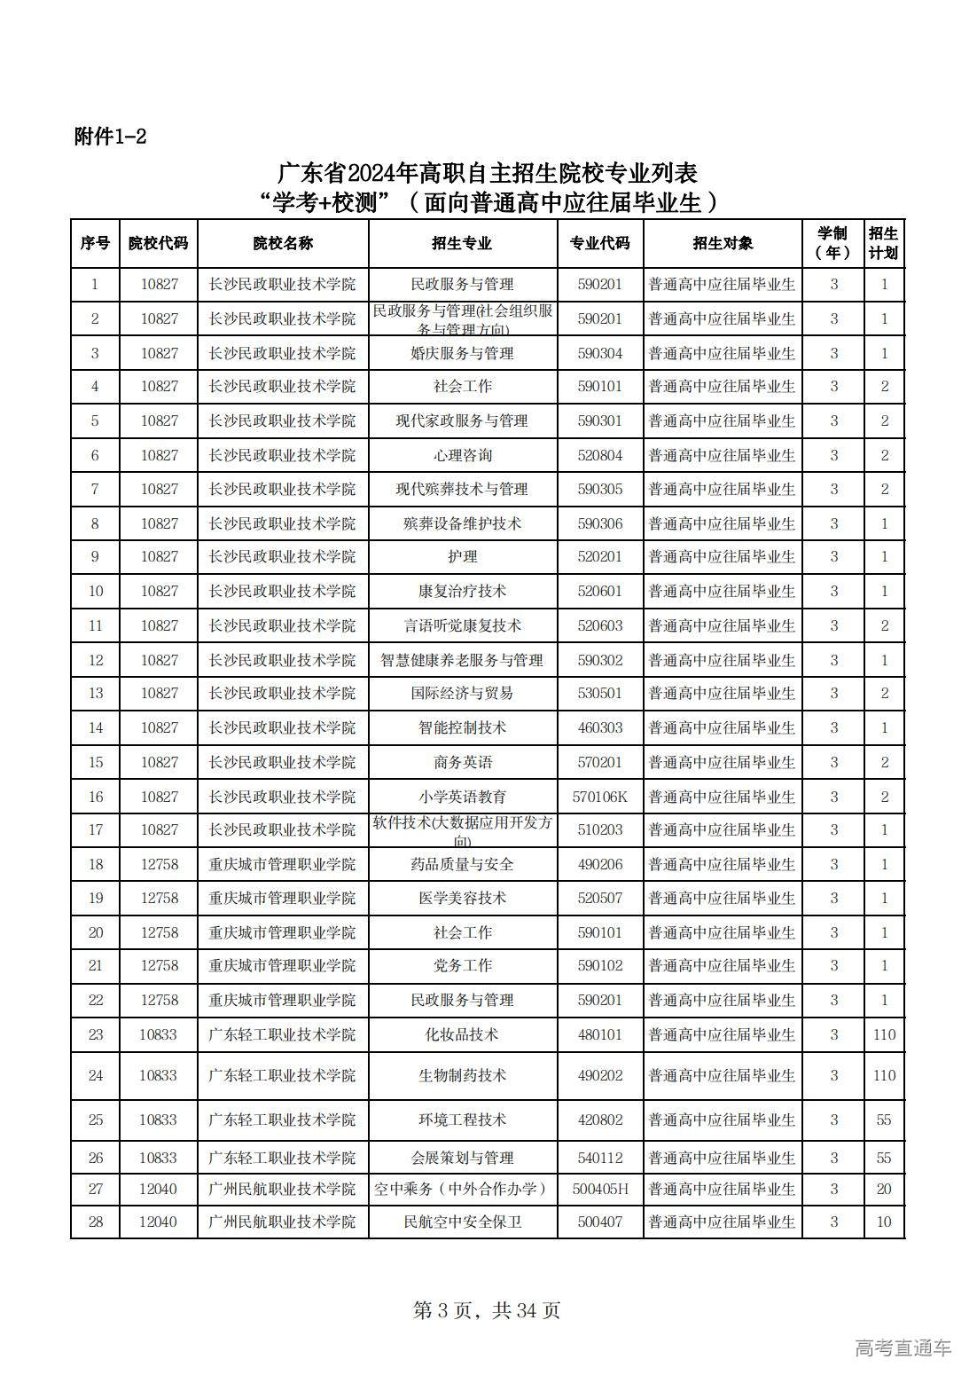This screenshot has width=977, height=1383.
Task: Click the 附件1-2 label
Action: (110, 137)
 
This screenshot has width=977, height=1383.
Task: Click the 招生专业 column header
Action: (462, 243)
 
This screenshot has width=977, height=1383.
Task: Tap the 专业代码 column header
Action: (599, 243)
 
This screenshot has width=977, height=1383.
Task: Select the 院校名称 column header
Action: (282, 243)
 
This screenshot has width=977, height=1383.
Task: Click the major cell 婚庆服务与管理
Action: (462, 353)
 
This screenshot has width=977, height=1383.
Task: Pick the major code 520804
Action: (599, 455)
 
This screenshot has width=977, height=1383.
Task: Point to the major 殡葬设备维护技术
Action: (462, 523)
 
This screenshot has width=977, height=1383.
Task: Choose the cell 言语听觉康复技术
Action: (462, 625)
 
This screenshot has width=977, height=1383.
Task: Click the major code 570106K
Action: (599, 797)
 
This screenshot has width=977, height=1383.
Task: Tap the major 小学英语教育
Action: (462, 797)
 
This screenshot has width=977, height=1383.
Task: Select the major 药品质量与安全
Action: (462, 864)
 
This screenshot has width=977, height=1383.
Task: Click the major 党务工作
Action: (462, 965)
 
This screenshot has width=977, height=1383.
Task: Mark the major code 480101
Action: (599, 1034)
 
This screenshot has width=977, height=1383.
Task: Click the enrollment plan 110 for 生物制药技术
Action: (884, 1075)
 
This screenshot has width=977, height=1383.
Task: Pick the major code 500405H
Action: (599, 1189)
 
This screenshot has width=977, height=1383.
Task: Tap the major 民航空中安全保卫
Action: (462, 1222)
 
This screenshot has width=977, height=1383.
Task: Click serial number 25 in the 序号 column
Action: (96, 1120)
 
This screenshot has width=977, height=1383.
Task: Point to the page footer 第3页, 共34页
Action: (487, 1309)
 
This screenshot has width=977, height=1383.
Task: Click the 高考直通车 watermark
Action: (903, 1348)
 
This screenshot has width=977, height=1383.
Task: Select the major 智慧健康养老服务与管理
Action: (462, 660)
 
